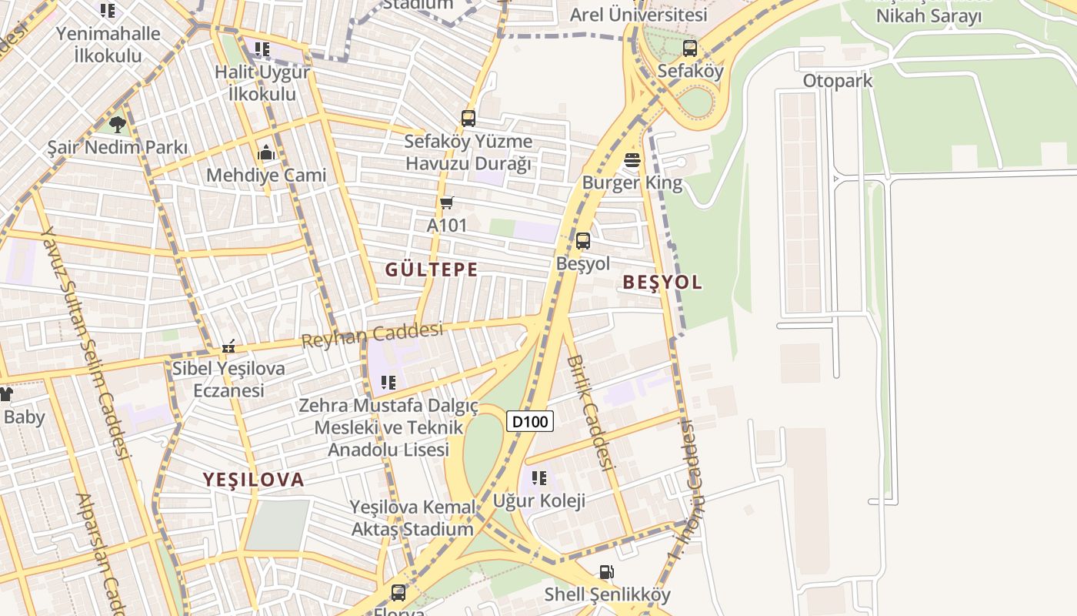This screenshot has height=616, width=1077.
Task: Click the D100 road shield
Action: (x=530, y=421)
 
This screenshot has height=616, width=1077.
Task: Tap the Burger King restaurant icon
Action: (x=632, y=160)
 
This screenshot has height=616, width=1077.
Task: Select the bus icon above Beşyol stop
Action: (x=583, y=241)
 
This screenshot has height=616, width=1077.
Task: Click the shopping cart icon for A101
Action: (x=446, y=203)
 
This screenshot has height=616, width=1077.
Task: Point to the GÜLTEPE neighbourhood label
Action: (x=432, y=269)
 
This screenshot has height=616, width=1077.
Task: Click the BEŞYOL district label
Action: (x=662, y=282)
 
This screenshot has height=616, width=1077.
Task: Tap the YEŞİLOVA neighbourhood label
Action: (x=254, y=480)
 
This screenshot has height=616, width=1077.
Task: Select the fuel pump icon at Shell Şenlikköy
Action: (x=607, y=572)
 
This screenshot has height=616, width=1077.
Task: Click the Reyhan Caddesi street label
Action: (x=372, y=335)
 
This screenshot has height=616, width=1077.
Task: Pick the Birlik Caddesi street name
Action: (x=591, y=412)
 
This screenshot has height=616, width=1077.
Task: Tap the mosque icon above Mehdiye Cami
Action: (x=266, y=152)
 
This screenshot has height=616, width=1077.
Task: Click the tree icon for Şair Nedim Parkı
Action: (x=117, y=124)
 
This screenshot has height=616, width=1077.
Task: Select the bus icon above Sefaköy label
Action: (x=690, y=49)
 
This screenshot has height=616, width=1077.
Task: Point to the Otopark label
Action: (x=838, y=81)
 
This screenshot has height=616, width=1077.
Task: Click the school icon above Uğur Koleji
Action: (x=538, y=478)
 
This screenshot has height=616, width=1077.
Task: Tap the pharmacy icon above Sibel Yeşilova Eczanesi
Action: (x=228, y=346)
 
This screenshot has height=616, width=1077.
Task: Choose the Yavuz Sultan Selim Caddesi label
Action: (x=85, y=339)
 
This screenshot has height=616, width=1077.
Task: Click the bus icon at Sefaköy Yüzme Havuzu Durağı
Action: (x=468, y=119)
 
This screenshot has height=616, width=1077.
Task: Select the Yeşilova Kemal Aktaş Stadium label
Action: (x=412, y=518)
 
